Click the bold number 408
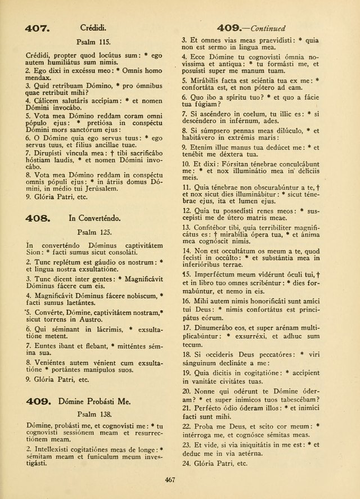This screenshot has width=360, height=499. click(x=38, y=217)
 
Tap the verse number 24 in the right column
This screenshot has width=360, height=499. click(x=186, y=464)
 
